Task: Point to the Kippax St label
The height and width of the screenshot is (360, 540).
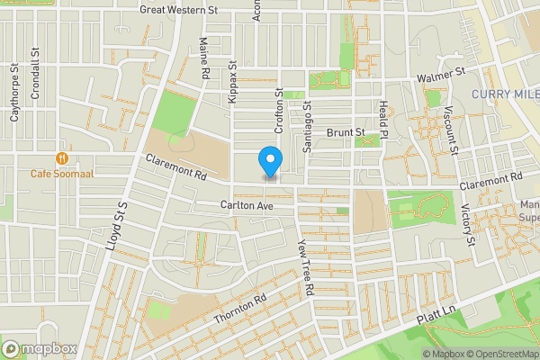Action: click(x=232, y=82)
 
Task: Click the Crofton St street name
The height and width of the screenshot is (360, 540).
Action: click(x=279, y=111)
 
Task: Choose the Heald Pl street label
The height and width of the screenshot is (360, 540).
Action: click(x=382, y=117)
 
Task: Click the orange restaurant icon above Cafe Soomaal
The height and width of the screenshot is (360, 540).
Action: click(x=62, y=157)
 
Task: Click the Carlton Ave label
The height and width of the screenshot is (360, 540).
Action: click(x=247, y=205)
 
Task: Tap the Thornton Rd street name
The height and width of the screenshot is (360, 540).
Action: click(x=241, y=310)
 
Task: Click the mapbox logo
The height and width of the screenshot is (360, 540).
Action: click(x=40, y=348)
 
